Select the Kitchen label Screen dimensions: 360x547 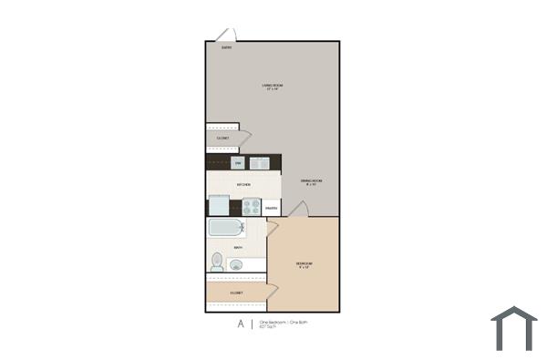coord(243,185)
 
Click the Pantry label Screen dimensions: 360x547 coord(272,208)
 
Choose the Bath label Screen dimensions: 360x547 coord(238,248)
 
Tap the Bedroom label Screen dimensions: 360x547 coord(304,265)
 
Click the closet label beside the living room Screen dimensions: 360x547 coord(222,139)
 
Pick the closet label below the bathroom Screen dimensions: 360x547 coord(236,293)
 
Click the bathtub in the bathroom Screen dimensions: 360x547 coord(226,229)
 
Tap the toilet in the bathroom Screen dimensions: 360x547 coord(217,263)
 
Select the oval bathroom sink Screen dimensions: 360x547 coord(236,265)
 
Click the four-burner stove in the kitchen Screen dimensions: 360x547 coord(252,207)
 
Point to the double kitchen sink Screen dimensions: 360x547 coord(260,164)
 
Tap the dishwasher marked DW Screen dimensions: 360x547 coord(238,163)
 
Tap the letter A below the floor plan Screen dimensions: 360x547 coord(241,324)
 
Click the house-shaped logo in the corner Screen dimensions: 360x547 coord(513,329)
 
